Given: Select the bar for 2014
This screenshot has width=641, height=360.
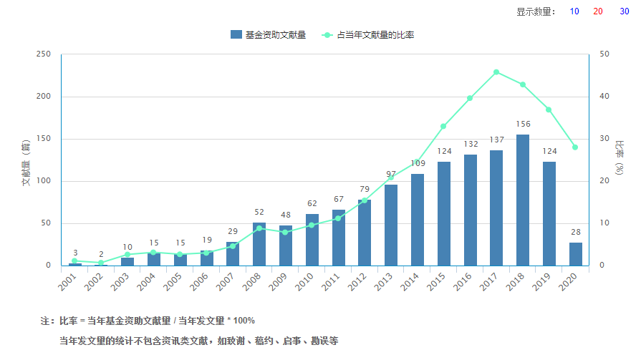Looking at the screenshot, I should (x=418, y=219).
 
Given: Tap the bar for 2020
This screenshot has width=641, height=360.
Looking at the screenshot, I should (x=576, y=253).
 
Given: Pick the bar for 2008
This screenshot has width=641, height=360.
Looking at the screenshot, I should (x=259, y=243).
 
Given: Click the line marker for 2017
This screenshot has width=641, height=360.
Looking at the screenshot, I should (x=496, y=72).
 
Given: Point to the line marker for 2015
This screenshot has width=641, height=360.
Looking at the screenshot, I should (x=443, y=126).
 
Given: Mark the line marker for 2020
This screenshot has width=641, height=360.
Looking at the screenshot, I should (x=575, y=147).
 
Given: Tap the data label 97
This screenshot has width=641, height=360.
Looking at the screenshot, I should (x=391, y=175).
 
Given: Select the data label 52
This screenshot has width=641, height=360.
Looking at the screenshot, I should (x=259, y=213).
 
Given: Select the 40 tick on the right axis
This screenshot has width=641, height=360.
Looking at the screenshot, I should (x=604, y=97).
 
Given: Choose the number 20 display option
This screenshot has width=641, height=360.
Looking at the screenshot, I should (x=598, y=11).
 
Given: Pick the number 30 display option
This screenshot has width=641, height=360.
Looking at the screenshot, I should (x=624, y=11).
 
